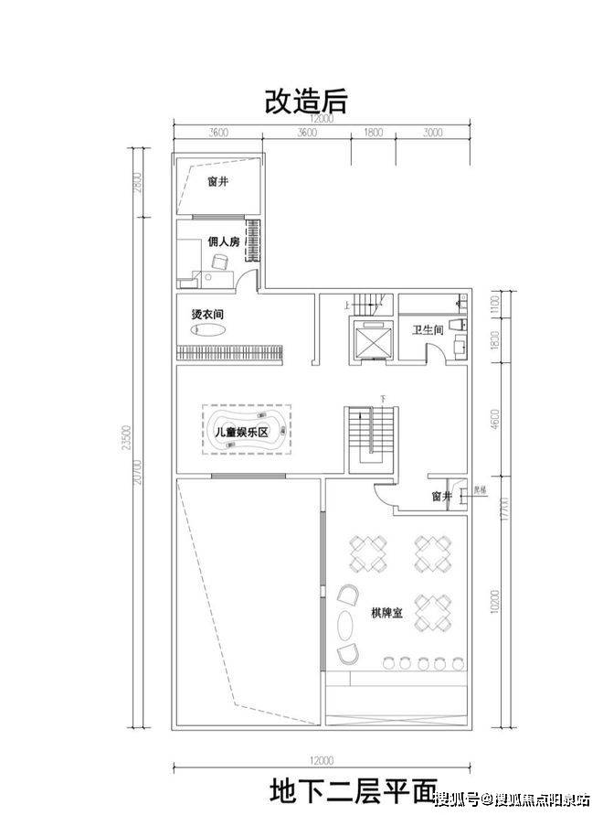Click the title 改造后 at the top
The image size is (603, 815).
[305, 100]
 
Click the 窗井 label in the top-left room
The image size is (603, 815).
[217, 182]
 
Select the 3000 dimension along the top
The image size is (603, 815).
[433, 133]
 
